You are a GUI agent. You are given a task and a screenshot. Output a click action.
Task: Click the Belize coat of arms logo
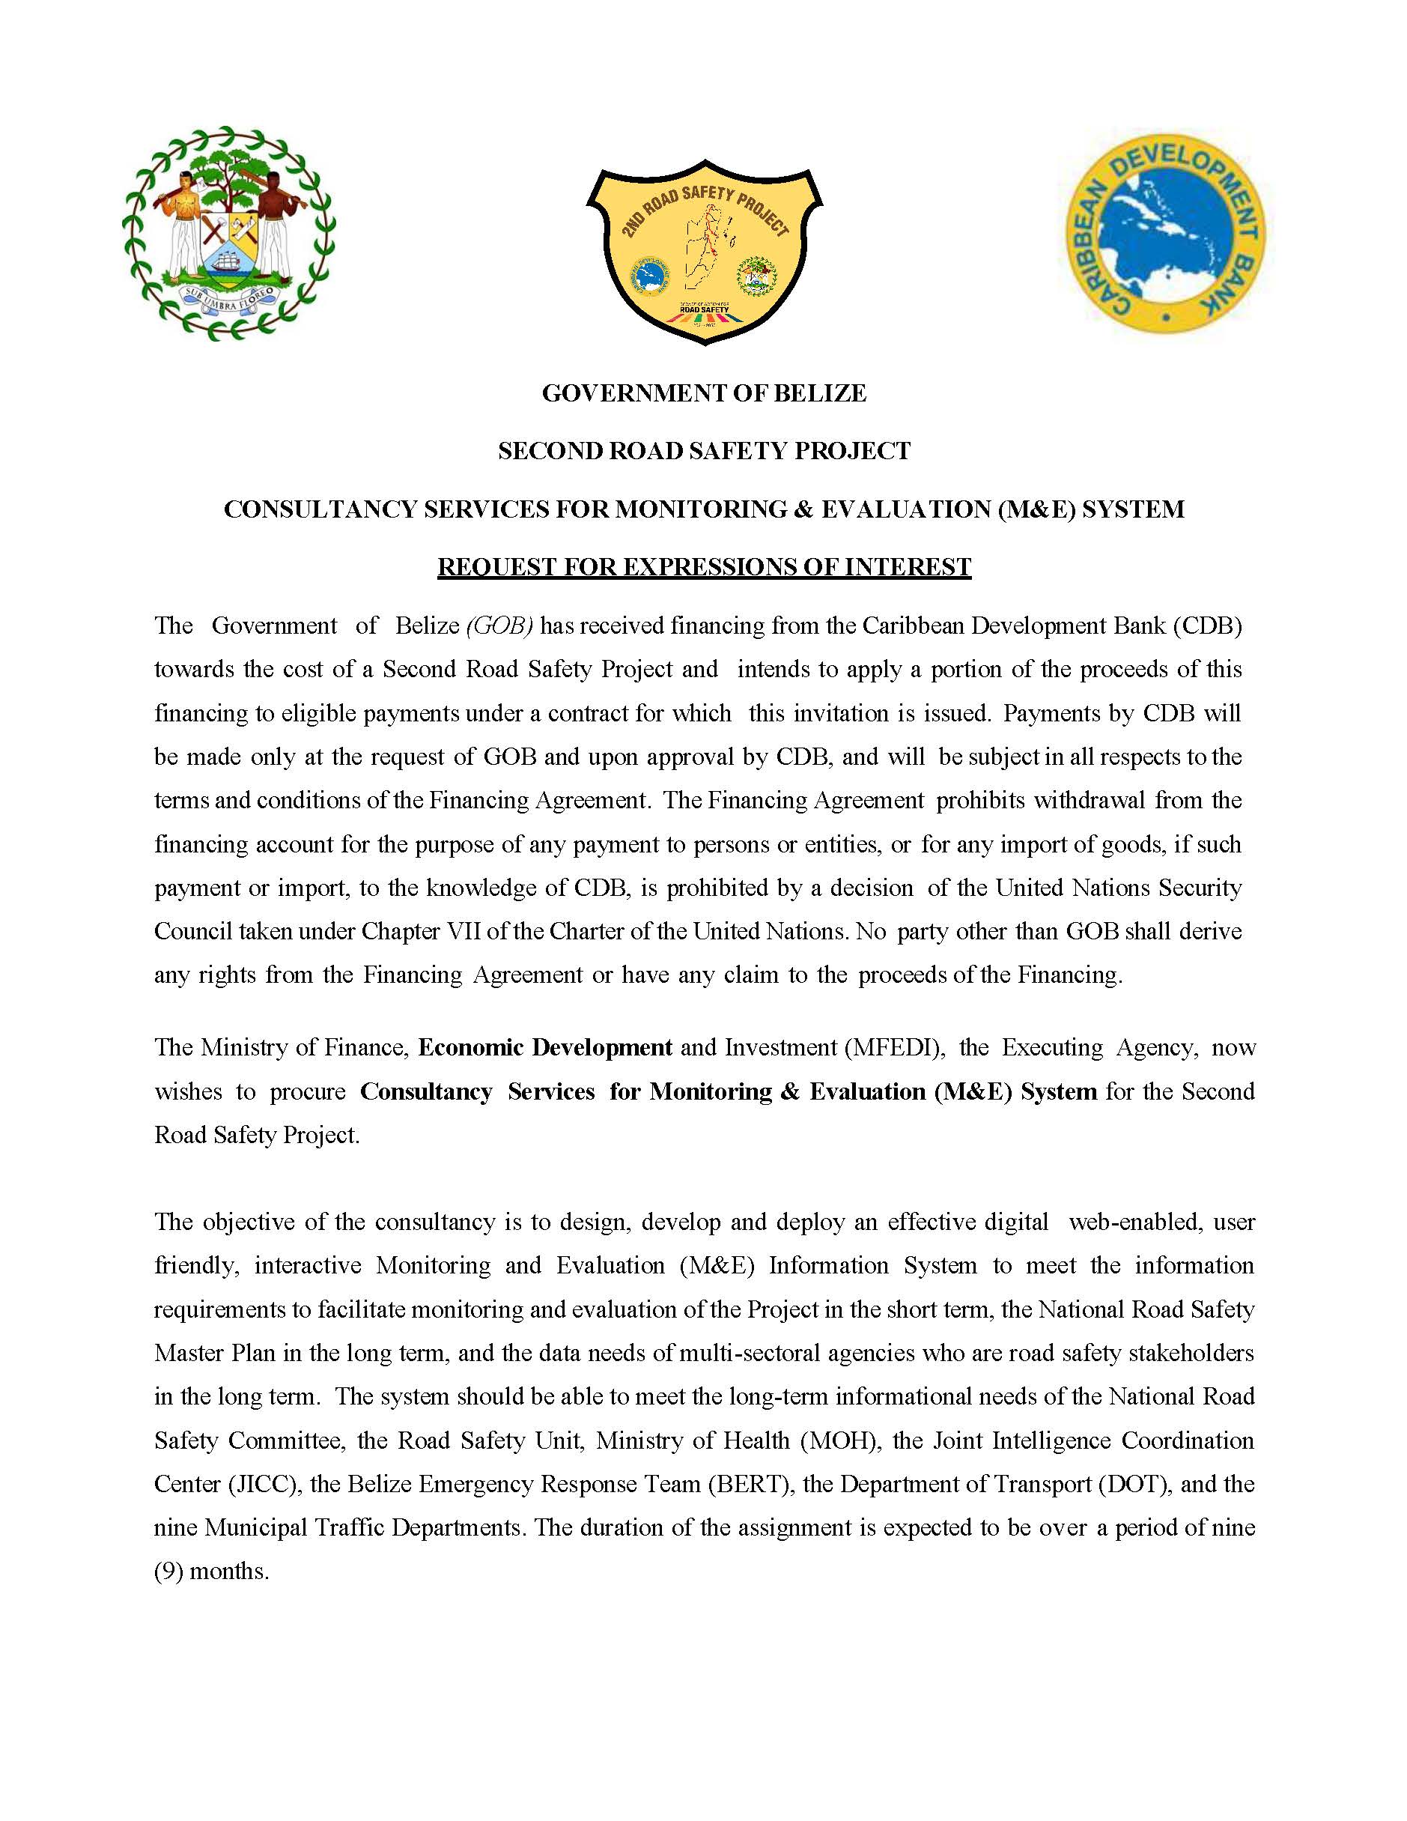[x=228, y=234]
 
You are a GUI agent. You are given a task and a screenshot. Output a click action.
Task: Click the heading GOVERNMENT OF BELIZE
[x=704, y=393]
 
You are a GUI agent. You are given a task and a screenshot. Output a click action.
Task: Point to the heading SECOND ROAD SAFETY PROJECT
[x=704, y=451]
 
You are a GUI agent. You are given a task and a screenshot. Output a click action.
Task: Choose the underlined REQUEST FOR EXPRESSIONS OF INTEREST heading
[x=704, y=567]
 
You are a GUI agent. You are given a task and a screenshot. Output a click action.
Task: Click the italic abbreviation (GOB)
[x=499, y=625]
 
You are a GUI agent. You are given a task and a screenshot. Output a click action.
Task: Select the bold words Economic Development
[x=545, y=1047]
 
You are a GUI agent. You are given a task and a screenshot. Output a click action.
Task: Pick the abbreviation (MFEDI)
[x=893, y=1047]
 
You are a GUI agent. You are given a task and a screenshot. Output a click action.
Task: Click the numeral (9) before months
[x=168, y=1572]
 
